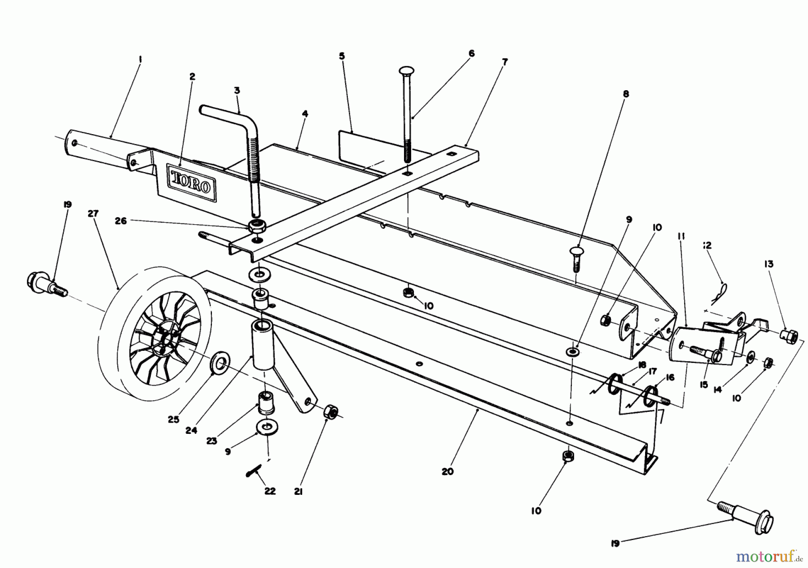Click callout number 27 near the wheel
pos(93,213)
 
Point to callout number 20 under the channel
pos(448,472)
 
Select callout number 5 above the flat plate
pos(342,56)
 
